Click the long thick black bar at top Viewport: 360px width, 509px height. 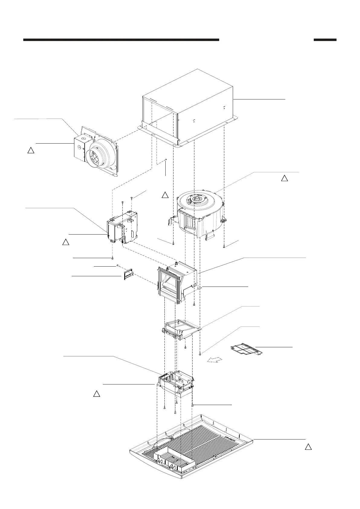121,40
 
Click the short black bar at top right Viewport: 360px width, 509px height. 325,40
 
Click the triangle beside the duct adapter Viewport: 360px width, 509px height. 31,150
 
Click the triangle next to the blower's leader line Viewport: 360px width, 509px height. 284,178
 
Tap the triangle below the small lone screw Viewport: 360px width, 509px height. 165,195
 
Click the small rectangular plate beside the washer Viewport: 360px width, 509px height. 128,275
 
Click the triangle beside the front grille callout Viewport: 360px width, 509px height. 308,447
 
